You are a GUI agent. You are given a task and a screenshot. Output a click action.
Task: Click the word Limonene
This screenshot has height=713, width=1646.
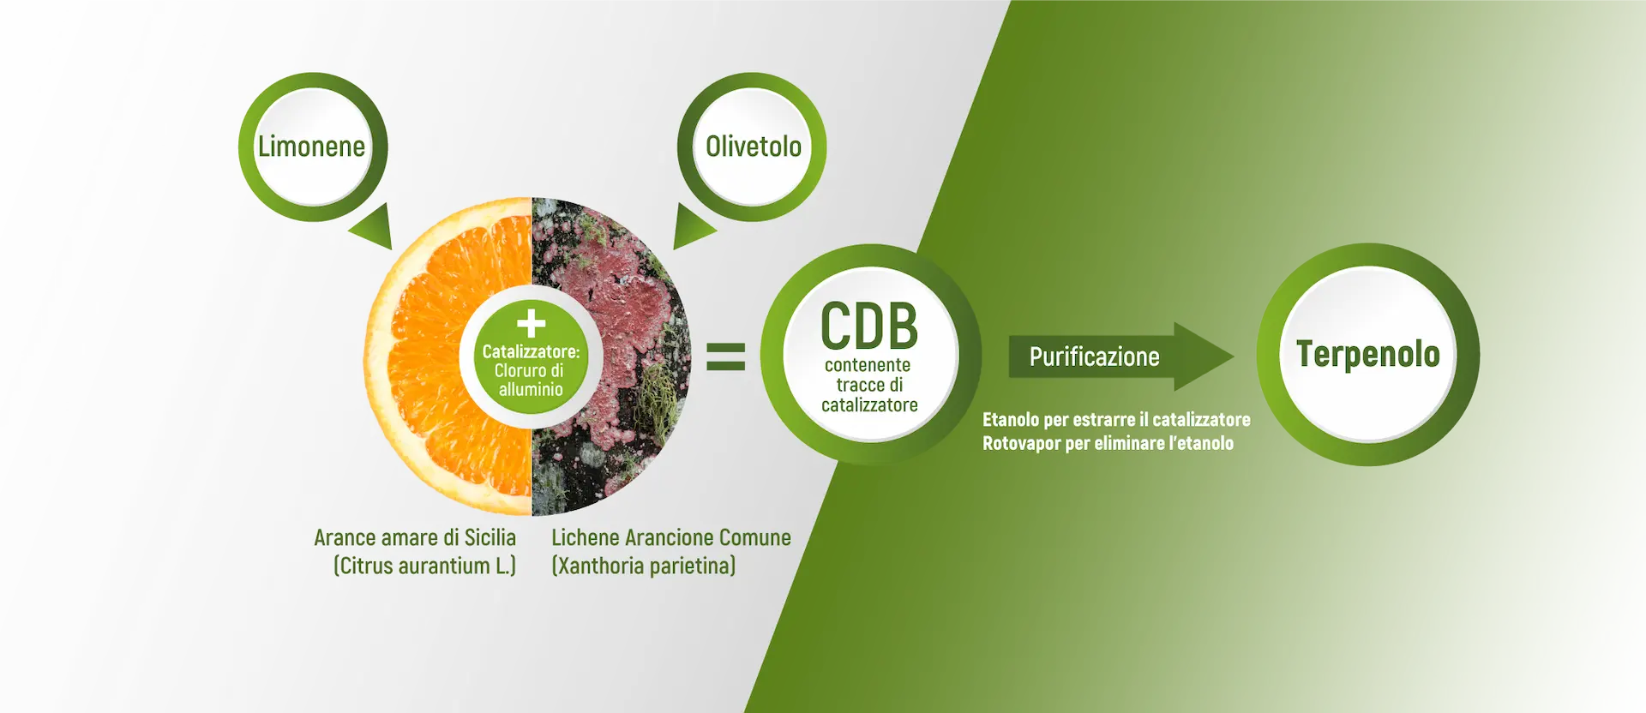coord(311,147)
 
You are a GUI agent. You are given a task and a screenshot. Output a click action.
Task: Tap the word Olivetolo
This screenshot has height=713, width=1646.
coord(754,147)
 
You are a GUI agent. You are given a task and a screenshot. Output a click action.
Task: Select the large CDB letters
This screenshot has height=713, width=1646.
coord(869,327)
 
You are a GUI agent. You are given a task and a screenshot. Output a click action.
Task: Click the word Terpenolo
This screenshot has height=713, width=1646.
coord(1367,354)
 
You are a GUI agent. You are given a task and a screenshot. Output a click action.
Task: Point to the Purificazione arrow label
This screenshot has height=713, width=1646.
coord(1094,356)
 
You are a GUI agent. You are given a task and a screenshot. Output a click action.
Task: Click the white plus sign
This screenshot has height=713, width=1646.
coord(531,323)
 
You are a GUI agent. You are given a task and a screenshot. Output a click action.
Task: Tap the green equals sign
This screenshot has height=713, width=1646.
coord(725,356)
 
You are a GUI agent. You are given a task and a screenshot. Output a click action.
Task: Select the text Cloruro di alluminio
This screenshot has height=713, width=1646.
coord(530,380)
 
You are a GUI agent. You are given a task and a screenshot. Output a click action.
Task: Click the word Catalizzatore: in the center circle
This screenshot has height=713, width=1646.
coord(531,351)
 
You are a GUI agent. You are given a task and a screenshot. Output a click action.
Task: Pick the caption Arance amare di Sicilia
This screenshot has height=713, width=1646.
coord(415,537)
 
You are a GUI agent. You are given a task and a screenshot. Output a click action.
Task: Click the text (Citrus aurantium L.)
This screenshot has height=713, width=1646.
coord(424,566)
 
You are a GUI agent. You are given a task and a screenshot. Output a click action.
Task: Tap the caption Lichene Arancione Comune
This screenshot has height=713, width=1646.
coord(670,537)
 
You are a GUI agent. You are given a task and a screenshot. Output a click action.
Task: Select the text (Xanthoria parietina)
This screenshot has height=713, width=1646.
coord(643,566)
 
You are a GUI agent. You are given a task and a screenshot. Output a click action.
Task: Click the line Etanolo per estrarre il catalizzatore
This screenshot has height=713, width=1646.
coord(1115,419)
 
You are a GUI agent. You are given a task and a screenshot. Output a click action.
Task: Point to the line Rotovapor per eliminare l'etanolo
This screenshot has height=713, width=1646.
coord(1108,443)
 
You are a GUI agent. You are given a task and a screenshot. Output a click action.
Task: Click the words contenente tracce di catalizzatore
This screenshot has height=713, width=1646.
coord(869,385)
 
